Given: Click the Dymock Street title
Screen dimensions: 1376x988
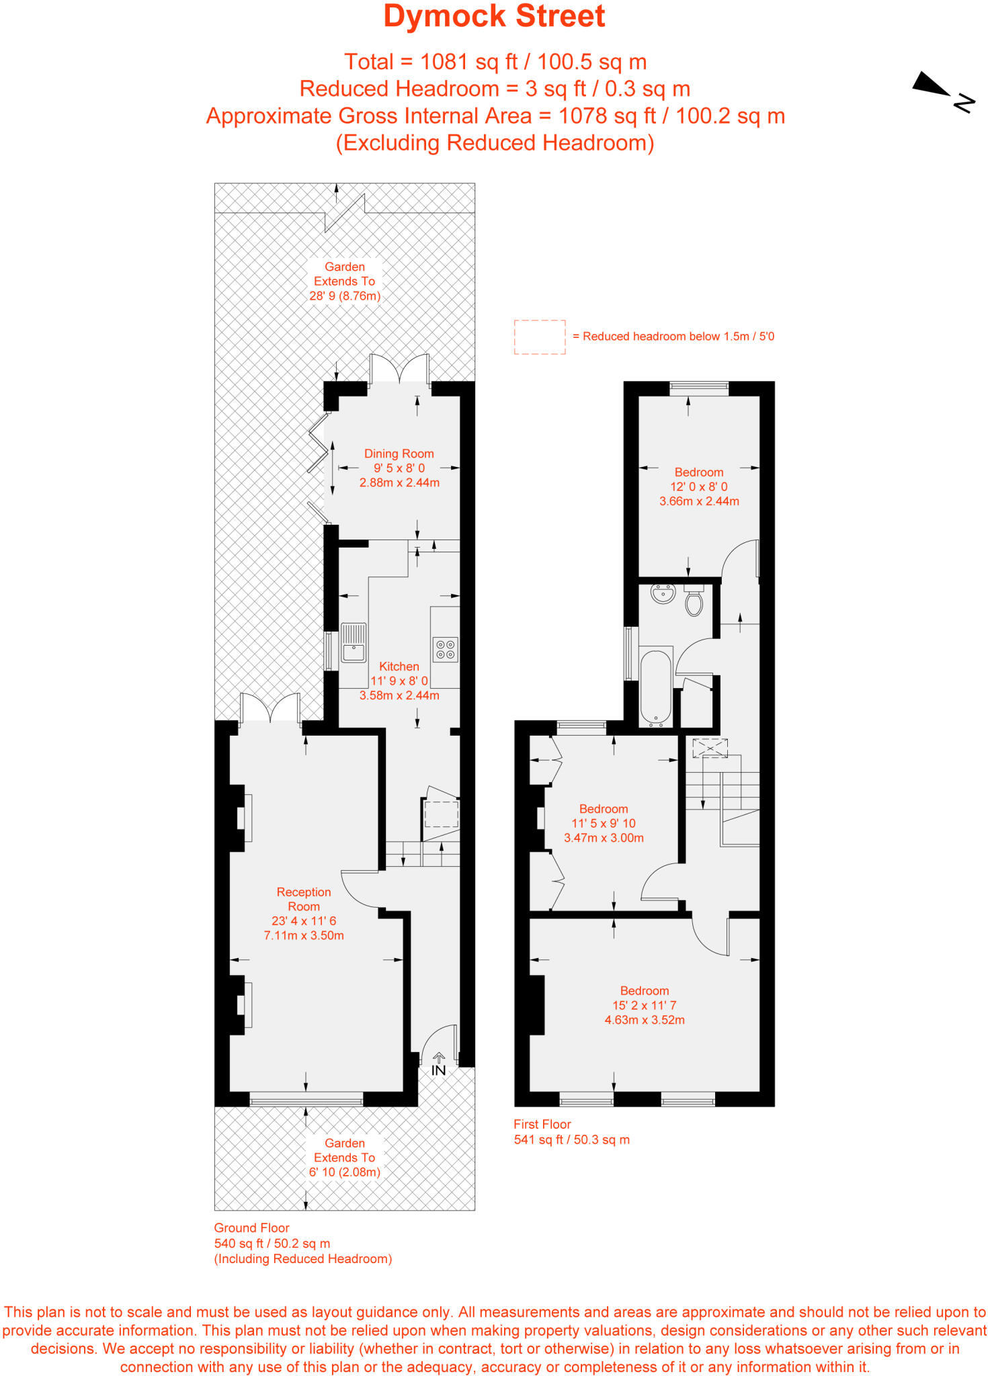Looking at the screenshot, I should click(494, 17).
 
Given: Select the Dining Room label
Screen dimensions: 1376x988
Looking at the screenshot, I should click(399, 454).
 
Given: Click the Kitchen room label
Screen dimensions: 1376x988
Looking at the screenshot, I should click(399, 666).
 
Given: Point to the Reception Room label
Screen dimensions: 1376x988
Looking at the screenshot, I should click(304, 899).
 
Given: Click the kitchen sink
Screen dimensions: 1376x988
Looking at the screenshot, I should click(354, 643).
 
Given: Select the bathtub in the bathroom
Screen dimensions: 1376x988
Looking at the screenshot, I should click(655, 687).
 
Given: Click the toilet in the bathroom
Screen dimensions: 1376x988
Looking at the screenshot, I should click(694, 601).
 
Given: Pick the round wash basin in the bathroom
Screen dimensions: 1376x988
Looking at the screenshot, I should click(663, 593).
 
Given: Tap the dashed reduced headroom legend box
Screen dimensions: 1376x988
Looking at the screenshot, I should click(540, 337).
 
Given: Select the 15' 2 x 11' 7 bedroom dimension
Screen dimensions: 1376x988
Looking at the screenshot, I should click(644, 1005).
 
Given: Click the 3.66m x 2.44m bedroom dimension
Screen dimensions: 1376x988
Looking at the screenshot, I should click(699, 501).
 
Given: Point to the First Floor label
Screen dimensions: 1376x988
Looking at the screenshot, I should click(542, 1124).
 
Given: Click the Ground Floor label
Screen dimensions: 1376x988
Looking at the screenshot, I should click(251, 1228).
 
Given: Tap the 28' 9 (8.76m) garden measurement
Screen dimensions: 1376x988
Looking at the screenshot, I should click(345, 296).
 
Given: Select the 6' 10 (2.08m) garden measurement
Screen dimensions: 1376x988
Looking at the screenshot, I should click(345, 1172).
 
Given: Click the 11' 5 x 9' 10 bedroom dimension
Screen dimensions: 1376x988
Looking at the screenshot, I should click(604, 824).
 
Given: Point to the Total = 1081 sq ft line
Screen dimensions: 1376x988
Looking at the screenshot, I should click(495, 62).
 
